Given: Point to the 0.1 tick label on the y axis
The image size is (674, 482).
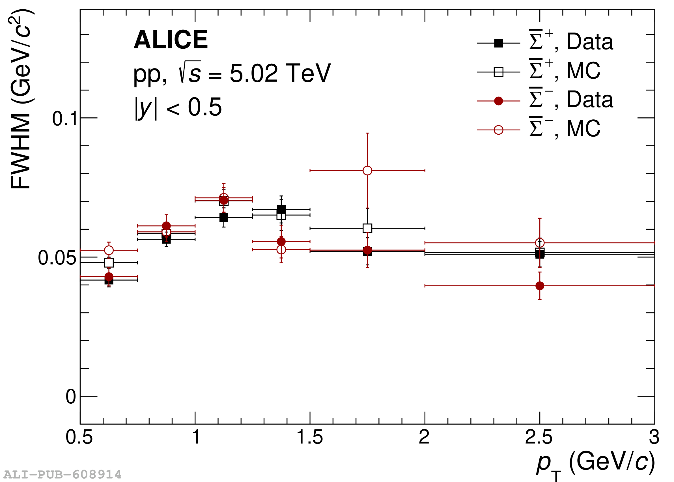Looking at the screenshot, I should point(65,119).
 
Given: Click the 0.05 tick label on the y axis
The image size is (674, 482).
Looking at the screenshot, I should point(57,258).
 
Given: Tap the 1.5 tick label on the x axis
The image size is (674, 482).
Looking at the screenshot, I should point(309,437).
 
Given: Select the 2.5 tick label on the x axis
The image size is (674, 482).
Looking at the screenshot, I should point(539,437).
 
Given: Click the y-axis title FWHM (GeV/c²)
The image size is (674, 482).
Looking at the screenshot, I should point(20,100).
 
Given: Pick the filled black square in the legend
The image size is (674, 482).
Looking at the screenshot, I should point(499,43).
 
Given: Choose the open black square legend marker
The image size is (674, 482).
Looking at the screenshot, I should point(499,72).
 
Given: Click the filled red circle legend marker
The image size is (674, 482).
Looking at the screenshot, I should point(499,101).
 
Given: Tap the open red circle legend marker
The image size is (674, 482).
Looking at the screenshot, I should point(499,130).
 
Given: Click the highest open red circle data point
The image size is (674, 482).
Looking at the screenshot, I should point(367,171).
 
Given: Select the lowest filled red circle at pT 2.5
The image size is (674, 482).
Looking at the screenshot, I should point(540,286).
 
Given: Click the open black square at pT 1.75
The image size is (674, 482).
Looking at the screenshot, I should point(367,228).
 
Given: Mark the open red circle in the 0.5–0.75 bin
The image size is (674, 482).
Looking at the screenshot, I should point(109,250).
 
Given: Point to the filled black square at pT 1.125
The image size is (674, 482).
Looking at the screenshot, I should point(224,217).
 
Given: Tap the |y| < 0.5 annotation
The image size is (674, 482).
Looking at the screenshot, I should point(178,107).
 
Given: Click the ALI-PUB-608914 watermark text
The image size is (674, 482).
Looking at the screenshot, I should point(62,475).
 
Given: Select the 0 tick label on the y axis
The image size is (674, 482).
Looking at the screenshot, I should point(71,397).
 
